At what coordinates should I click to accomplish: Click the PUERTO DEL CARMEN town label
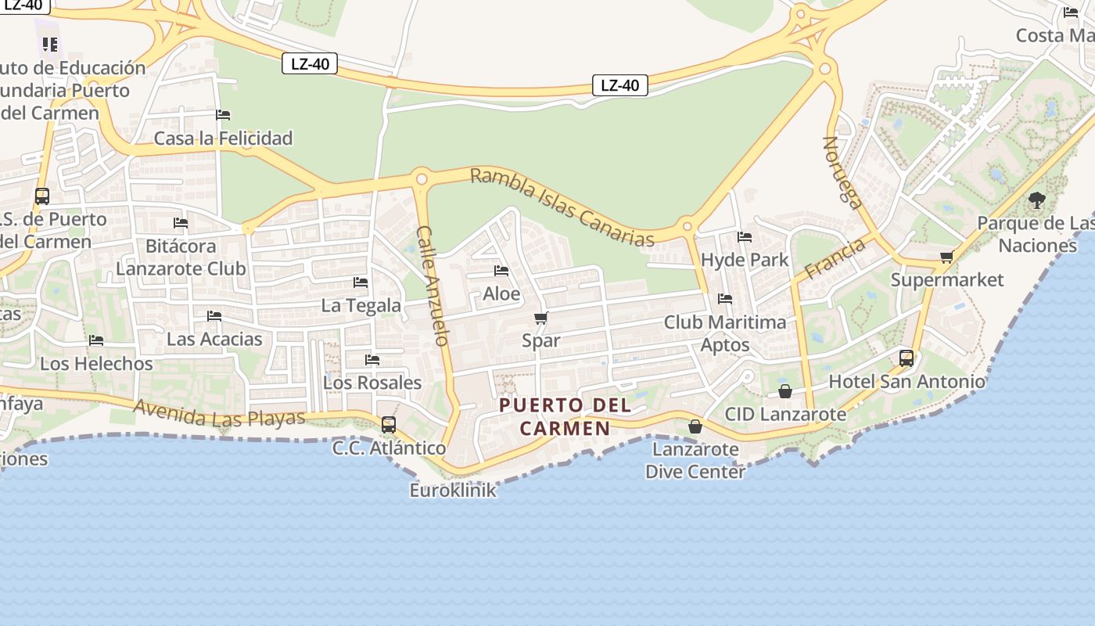coord(565,416)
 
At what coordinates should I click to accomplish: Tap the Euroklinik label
coord(453,491)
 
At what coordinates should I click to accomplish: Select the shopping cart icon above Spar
coord(540,318)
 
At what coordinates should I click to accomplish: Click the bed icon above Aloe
coord(501,271)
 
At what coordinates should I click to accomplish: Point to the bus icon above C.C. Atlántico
coord(389,425)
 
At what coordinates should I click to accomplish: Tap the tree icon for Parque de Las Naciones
coord(1037,200)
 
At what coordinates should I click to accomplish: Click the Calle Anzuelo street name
coord(433,286)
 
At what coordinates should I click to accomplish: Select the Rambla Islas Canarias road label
coord(562,207)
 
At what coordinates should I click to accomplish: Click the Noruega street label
coord(842,172)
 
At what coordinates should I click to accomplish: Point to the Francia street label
coord(835,258)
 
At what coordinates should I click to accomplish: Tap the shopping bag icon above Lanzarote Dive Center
coord(695,426)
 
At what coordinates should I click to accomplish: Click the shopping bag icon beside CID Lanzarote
coord(785,391)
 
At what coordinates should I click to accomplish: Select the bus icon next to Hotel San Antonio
coord(907,358)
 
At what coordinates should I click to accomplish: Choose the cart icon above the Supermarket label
coord(946,257)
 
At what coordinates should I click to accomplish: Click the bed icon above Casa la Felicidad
coord(223,115)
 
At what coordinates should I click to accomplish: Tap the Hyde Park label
coord(745,260)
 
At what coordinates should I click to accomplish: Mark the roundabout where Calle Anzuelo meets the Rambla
coord(422,179)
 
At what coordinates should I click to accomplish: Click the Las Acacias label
coord(214,339)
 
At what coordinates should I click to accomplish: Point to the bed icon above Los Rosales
coord(372,360)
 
